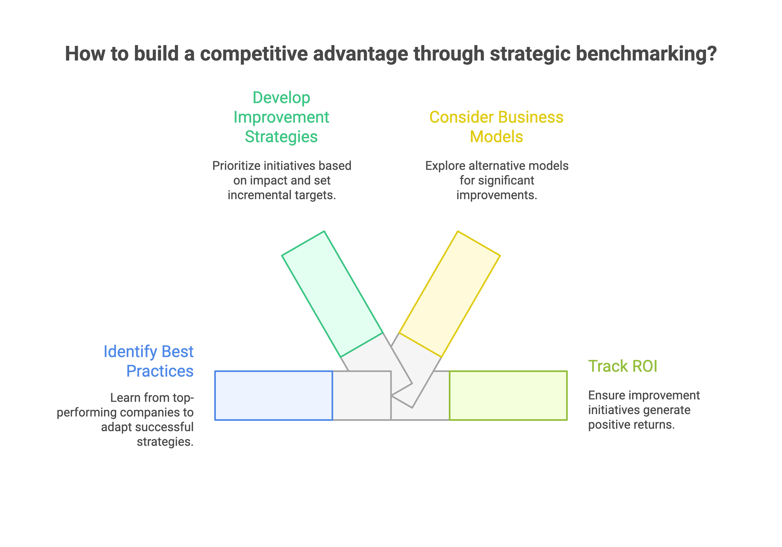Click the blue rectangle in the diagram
click(x=273, y=396)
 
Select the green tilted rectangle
click(x=332, y=294)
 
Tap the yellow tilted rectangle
click(x=450, y=294)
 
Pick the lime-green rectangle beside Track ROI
click(x=508, y=396)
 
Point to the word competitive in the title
click(x=254, y=54)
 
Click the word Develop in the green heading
click(x=281, y=98)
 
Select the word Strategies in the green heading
click(x=281, y=137)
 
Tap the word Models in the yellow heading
click(x=496, y=137)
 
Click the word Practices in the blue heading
click(x=160, y=371)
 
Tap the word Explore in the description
click(x=445, y=166)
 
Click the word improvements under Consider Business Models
click(x=496, y=195)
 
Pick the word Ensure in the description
click(x=605, y=395)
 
